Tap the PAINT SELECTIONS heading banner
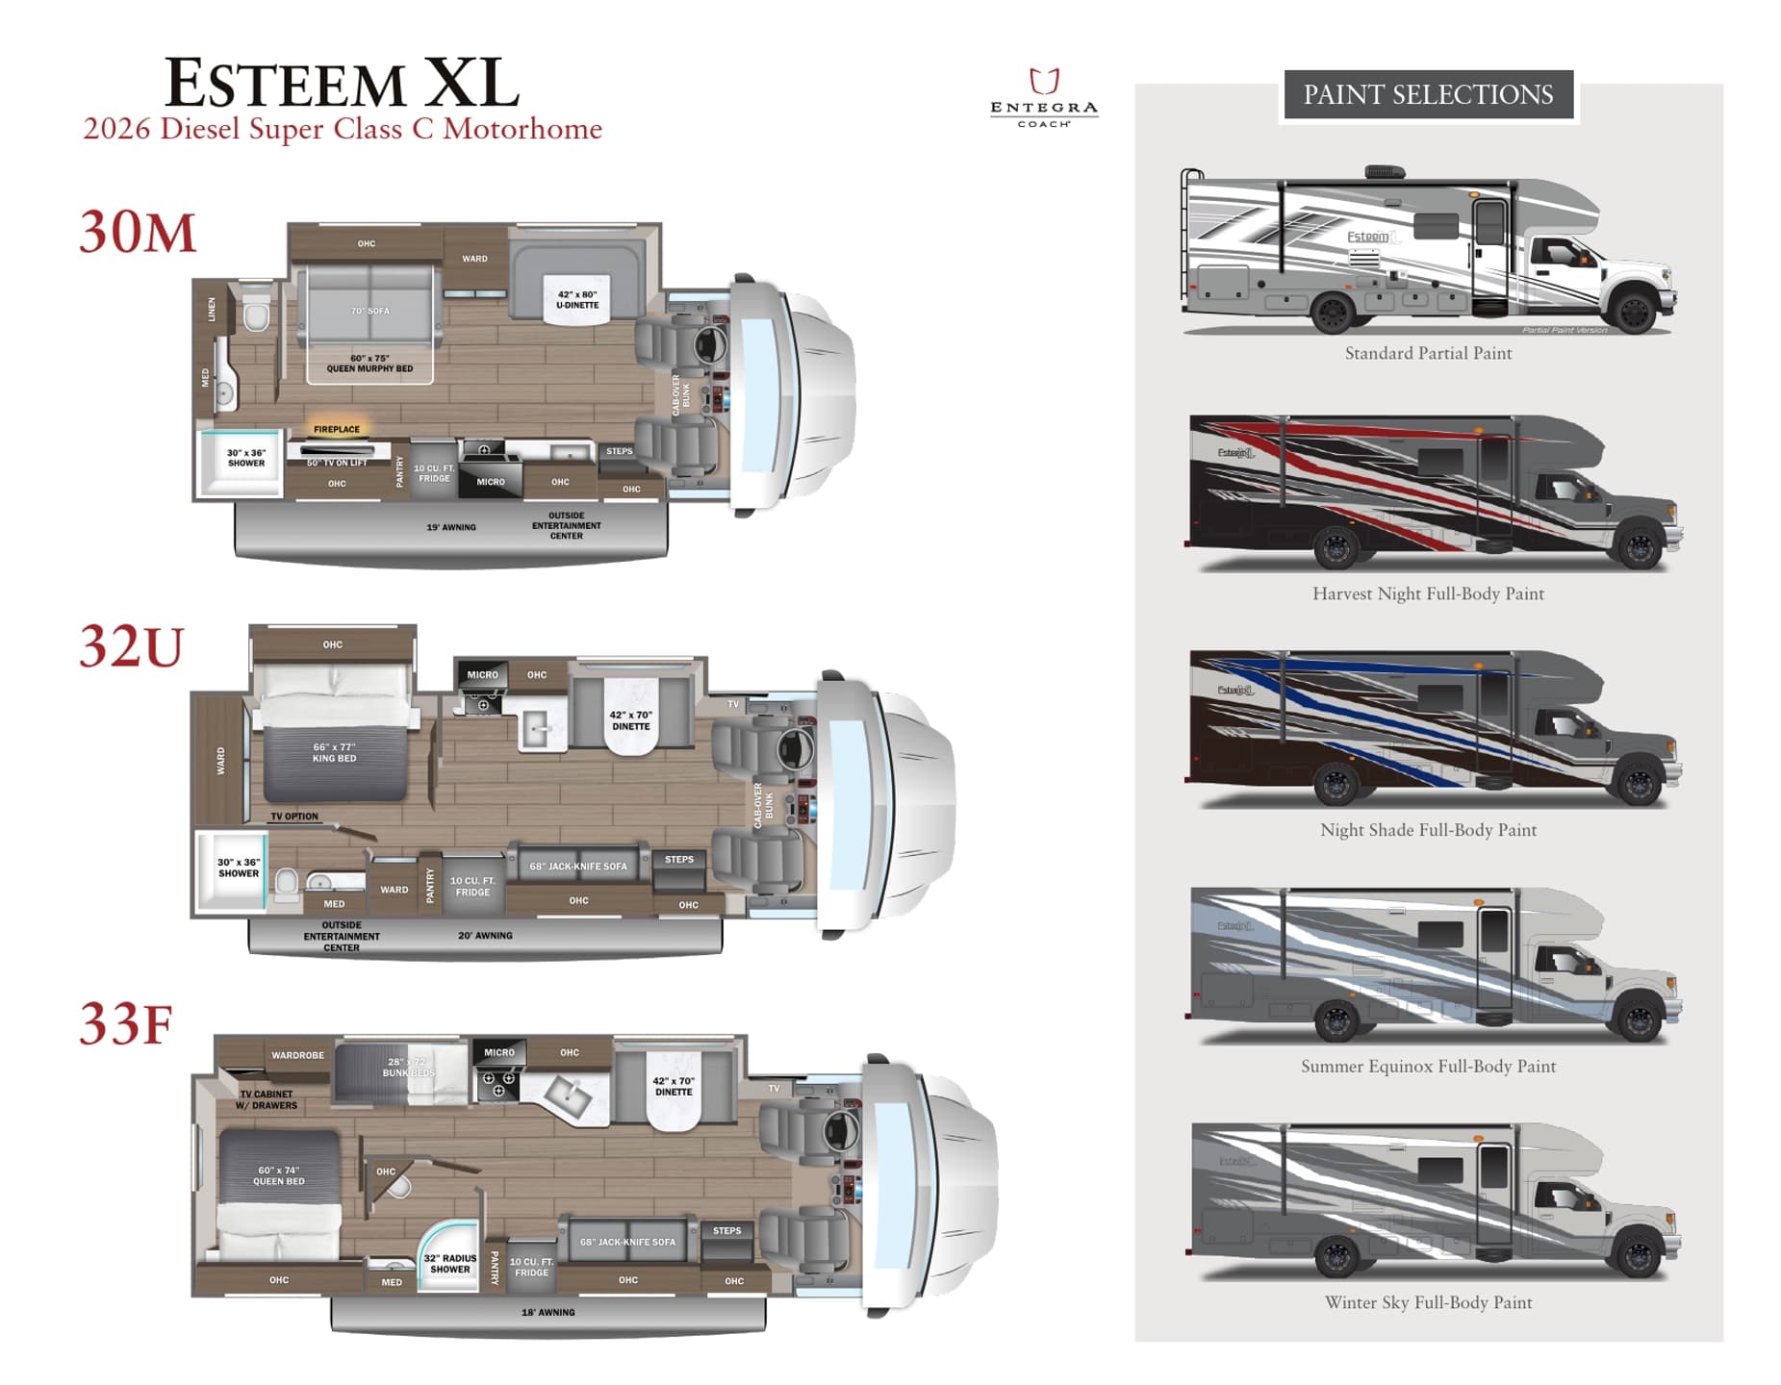pos(1428,94)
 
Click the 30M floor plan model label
pos(138,233)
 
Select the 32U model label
pos(132,646)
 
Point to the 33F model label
pos(126,1024)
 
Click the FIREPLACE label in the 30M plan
pos(337,429)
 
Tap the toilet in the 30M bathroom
pos(256,315)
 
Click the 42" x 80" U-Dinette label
pos(577,300)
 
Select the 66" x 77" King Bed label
pos(334,752)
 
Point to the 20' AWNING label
pos(485,935)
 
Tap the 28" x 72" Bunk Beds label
pos(408,1067)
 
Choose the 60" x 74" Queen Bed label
pos(279,1175)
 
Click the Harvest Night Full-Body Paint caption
pos(1428,593)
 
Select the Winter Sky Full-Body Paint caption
pos(1428,1302)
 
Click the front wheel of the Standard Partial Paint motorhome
pos(1634,312)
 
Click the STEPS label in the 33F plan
pos(726,1230)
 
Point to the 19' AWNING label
pos(451,527)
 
